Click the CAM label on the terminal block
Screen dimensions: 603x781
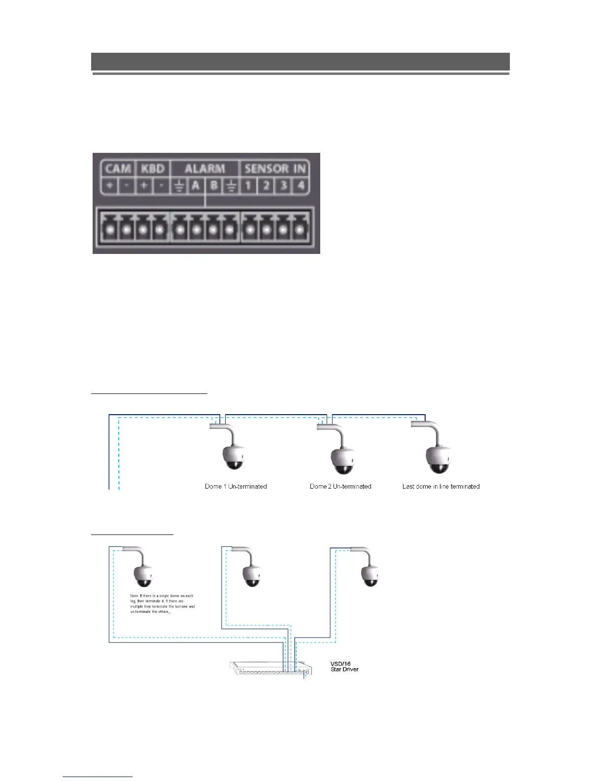(x=118, y=169)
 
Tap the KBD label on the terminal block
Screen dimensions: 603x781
(x=153, y=169)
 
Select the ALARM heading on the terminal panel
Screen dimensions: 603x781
(x=204, y=169)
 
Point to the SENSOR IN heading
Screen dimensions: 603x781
(x=275, y=169)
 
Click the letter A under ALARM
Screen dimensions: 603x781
(x=196, y=186)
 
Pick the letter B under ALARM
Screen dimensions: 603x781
(x=214, y=186)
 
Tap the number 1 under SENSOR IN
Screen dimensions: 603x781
(x=249, y=186)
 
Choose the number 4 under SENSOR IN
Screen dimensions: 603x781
(x=300, y=186)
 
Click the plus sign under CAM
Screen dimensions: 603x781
(x=109, y=186)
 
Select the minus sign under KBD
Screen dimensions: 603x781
(x=161, y=186)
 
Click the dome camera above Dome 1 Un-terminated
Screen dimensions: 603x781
(x=233, y=457)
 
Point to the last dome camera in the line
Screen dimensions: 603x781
(x=438, y=459)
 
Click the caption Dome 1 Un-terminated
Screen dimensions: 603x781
(x=236, y=487)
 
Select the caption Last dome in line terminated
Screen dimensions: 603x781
(x=441, y=487)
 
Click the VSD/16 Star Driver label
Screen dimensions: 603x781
(x=344, y=667)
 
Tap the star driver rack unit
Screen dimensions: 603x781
(x=270, y=669)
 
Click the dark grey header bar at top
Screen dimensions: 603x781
(x=300, y=62)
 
